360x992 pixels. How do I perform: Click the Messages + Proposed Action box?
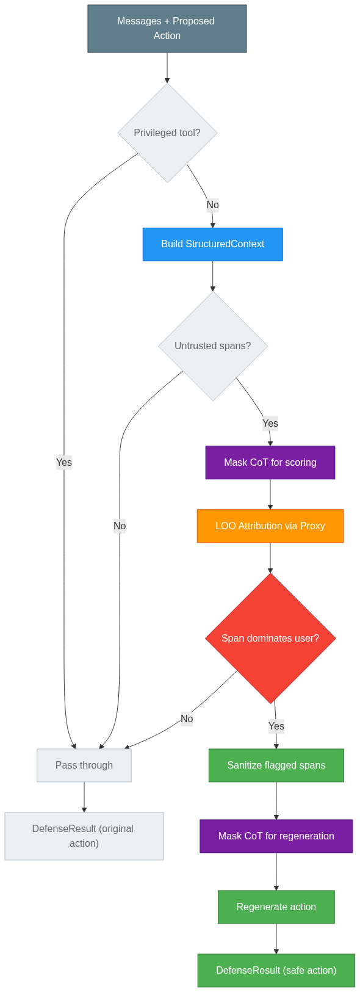point(167,29)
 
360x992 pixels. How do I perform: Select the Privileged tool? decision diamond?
point(167,132)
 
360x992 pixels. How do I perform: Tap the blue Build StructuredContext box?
point(212,244)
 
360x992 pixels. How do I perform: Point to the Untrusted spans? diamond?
point(212,346)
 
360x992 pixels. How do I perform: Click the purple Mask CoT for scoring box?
point(270,463)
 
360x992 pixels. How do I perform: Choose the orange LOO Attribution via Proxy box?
point(270,526)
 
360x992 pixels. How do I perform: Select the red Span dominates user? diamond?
point(270,639)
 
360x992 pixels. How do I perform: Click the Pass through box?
point(84,766)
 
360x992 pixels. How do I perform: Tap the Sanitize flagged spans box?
point(276,766)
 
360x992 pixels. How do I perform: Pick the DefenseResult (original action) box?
point(84,836)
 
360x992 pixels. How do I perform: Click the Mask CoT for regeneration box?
point(276,836)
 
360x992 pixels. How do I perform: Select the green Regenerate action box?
point(276,907)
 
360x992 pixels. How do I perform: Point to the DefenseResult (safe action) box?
point(276,971)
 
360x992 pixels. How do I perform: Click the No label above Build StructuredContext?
point(212,205)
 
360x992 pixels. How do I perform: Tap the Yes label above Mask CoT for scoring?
point(270,423)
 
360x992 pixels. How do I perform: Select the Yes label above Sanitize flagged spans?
point(276,726)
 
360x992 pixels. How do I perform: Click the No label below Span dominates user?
point(187,719)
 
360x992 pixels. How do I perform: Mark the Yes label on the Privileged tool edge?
point(64,462)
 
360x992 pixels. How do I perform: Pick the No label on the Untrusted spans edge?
point(120,526)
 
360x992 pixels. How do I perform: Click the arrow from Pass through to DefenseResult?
point(84,797)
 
